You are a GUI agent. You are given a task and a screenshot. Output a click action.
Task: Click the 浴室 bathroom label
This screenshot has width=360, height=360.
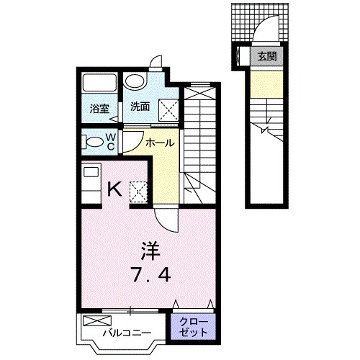[x=99, y=109]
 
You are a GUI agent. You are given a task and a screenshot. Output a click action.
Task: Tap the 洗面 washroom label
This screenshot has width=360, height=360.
[x=140, y=107]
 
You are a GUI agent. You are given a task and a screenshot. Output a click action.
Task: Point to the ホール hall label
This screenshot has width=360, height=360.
[x=159, y=144]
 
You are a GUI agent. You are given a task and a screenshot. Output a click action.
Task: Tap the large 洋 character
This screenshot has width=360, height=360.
[x=149, y=251]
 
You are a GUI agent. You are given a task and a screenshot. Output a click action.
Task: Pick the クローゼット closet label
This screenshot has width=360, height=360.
[x=194, y=327]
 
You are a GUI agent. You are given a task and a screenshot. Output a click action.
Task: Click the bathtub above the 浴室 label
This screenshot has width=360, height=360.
[x=99, y=84]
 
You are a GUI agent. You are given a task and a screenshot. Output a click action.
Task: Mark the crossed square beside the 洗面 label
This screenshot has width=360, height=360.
[x=168, y=109]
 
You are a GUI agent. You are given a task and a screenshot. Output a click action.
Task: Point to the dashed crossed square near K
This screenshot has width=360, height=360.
[x=137, y=191]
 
